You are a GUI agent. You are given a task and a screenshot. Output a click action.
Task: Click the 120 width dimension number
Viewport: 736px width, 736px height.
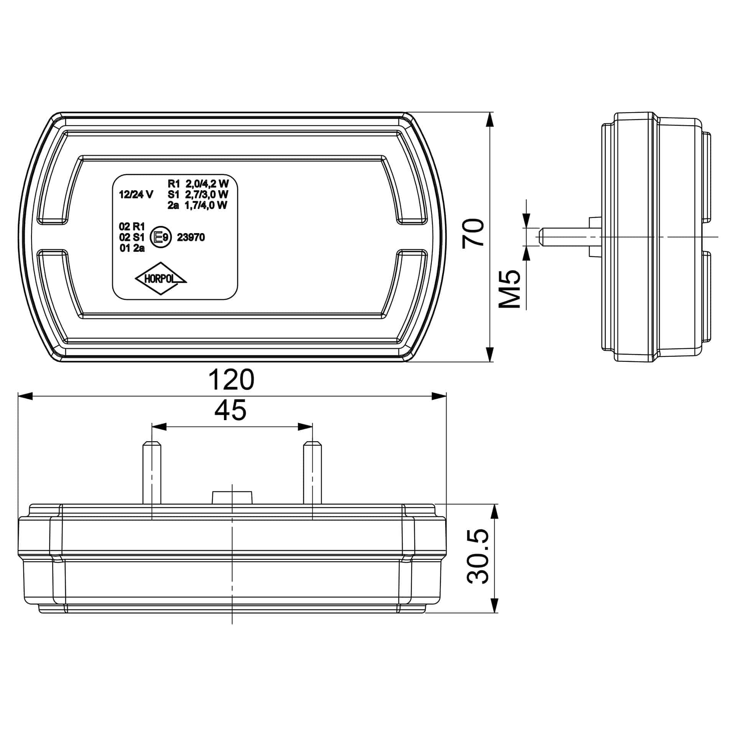pos(231,380)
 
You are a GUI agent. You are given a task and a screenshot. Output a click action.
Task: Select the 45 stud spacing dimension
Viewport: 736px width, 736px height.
pos(230,410)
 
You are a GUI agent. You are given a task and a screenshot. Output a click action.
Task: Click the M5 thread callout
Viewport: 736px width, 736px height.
pos(509,289)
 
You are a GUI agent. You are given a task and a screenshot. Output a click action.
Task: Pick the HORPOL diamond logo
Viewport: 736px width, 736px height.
pos(161,279)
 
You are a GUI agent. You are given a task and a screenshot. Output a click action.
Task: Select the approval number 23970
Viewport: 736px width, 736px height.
pos(191,238)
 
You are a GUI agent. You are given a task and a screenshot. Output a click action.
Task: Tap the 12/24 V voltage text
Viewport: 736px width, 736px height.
pos(136,195)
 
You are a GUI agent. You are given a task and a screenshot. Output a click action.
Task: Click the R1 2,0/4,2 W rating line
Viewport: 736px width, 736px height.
pos(198,183)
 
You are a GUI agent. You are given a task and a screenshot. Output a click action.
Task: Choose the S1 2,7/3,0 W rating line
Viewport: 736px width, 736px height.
pos(198,194)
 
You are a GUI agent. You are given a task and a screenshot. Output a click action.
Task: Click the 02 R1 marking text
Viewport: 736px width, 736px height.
pos(131,227)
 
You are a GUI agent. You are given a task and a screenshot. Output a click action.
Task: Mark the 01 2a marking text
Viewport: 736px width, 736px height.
pos(132,248)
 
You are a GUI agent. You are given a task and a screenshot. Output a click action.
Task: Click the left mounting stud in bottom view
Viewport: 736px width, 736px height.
pos(152,474)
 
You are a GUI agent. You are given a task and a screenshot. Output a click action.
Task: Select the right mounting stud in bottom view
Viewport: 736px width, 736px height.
pos(312,474)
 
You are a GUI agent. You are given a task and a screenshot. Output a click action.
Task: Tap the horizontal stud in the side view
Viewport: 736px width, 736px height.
pos(563,237)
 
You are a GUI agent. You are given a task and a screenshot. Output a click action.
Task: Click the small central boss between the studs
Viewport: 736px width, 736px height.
pos(232,497)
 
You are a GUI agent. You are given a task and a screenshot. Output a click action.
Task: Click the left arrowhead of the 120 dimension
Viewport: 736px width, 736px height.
pos(25,396)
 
